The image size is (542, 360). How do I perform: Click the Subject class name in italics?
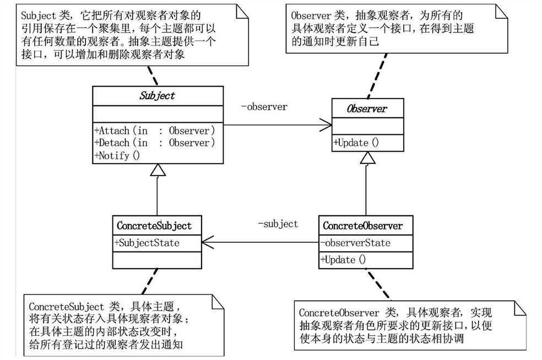pyautogui.click(x=158, y=95)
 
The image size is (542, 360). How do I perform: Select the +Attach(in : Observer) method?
pyautogui.click(x=154, y=131)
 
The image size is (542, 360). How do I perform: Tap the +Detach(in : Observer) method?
pyautogui.click(x=154, y=143)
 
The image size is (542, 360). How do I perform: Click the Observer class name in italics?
pyautogui.click(x=366, y=108)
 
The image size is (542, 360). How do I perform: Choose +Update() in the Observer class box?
pyautogui.click(x=356, y=143)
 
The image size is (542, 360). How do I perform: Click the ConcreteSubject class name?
pyautogui.click(x=154, y=226)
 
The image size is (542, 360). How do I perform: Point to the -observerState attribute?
pyautogui.click(x=355, y=243)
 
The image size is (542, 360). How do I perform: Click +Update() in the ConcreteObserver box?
pyautogui.click(x=344, y=259)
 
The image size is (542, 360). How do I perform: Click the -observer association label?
pyautogui.click(x=264, y=107)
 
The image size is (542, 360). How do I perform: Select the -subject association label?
pyautogui.click(x=278, y=223)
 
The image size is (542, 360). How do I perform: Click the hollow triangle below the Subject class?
pyautogui.click(x=158, y=170)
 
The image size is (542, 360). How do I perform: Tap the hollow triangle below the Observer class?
pyautogui.click(x=367, y=157)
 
